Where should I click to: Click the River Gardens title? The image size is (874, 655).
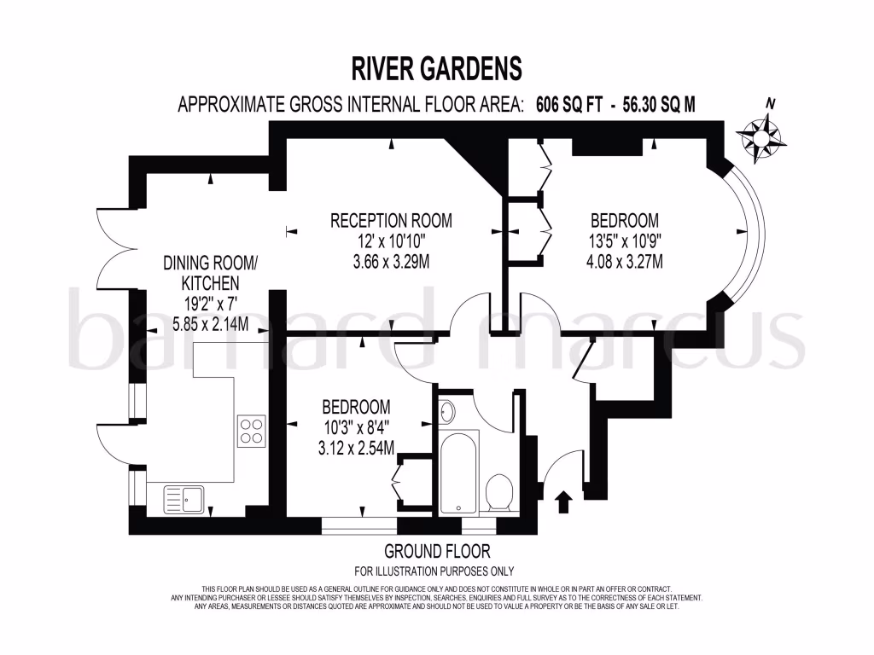click(436, 67)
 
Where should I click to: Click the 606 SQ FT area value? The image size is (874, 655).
click(570, 105)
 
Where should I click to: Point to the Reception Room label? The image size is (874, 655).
click(391, 221)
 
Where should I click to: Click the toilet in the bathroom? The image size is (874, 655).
click(498, 493)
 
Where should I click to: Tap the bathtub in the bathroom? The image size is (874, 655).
click(459, 471)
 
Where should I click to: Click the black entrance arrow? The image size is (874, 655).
click(563, 501)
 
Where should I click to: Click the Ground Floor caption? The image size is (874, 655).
click(437, 552)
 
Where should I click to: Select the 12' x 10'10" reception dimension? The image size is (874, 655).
click(391, 241)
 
